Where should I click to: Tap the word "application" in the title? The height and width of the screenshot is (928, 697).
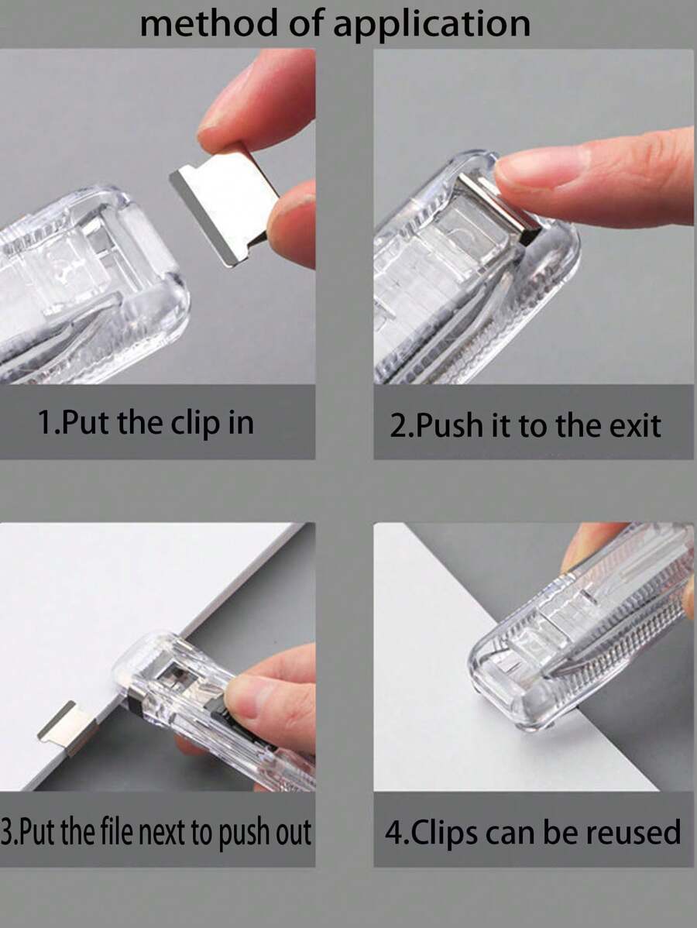point(432,25)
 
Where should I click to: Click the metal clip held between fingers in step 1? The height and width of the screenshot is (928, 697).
point(225,204)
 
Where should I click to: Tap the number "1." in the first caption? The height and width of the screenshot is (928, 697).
point(49,423)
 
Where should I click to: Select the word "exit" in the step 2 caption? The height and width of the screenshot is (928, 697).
point(634,425)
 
